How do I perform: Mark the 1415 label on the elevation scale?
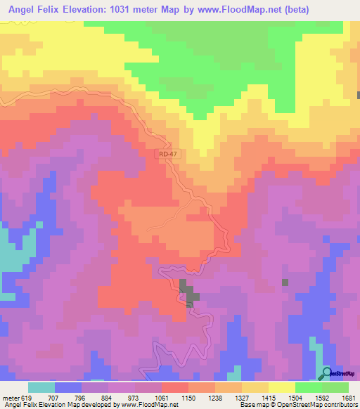pos(266,398)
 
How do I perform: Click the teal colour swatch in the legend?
pos(41,388)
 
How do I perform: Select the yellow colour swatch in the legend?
pos(281,388)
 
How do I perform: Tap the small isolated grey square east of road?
pos(285,283)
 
